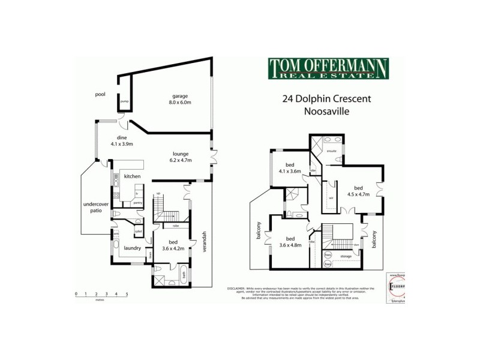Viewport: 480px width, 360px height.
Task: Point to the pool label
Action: click(x=101, y=94)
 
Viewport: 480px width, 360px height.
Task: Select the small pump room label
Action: click(x=125, y=101)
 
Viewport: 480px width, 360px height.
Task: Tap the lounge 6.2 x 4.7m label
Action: click(x=180, y=157)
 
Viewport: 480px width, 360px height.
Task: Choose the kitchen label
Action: click(x=132, y=176)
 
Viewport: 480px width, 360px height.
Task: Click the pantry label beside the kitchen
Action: click(x=137, y=203)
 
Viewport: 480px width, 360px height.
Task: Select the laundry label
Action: click(x=132, y=247)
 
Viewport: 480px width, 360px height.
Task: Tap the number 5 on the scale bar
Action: click(x=127, y=294)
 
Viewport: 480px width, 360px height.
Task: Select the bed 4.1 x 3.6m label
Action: click(x=289, y=167)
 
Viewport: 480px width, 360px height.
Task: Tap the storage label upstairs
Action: click(x=346, y=256)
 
